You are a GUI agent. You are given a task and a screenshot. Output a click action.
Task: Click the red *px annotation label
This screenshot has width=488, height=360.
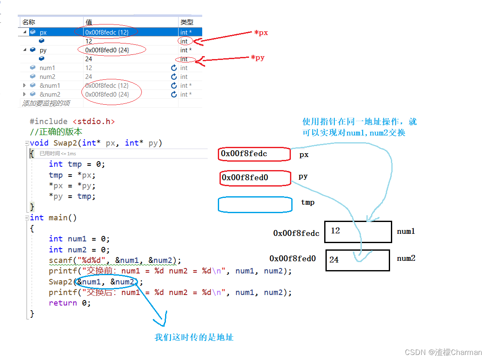[261, 32]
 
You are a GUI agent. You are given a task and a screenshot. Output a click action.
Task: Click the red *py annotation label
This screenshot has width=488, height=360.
[258, 57]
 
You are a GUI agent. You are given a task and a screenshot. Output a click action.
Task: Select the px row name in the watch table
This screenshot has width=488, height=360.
[43, 32]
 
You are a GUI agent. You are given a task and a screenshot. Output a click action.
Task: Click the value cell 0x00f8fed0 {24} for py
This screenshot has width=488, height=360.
[107, 50]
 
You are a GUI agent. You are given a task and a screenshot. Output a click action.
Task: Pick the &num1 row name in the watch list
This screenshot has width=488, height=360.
[50, 86]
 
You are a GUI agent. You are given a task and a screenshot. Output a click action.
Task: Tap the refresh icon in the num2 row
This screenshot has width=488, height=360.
[174, 77]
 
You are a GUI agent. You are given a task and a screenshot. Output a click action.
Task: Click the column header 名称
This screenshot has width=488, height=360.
[29, 22]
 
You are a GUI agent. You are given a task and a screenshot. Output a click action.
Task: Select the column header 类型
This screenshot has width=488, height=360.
[187, 22]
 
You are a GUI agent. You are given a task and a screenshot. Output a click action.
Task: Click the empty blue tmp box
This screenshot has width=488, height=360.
[255, 205]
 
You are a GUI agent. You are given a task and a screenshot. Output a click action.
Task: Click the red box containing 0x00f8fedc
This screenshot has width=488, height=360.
[255, 154]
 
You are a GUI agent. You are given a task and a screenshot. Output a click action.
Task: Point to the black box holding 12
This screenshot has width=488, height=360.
[358, 232]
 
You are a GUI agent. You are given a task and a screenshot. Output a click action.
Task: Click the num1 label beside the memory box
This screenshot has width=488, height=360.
[406, 231]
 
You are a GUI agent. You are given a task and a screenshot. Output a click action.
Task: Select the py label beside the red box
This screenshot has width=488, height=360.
[303, 176]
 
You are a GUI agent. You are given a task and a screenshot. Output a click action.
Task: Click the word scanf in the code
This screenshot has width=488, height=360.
[61, 260]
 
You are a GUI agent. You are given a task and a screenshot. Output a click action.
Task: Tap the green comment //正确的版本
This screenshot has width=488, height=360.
[56, 132]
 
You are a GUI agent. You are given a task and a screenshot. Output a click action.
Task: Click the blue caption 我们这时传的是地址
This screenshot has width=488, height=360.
[194, 337]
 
